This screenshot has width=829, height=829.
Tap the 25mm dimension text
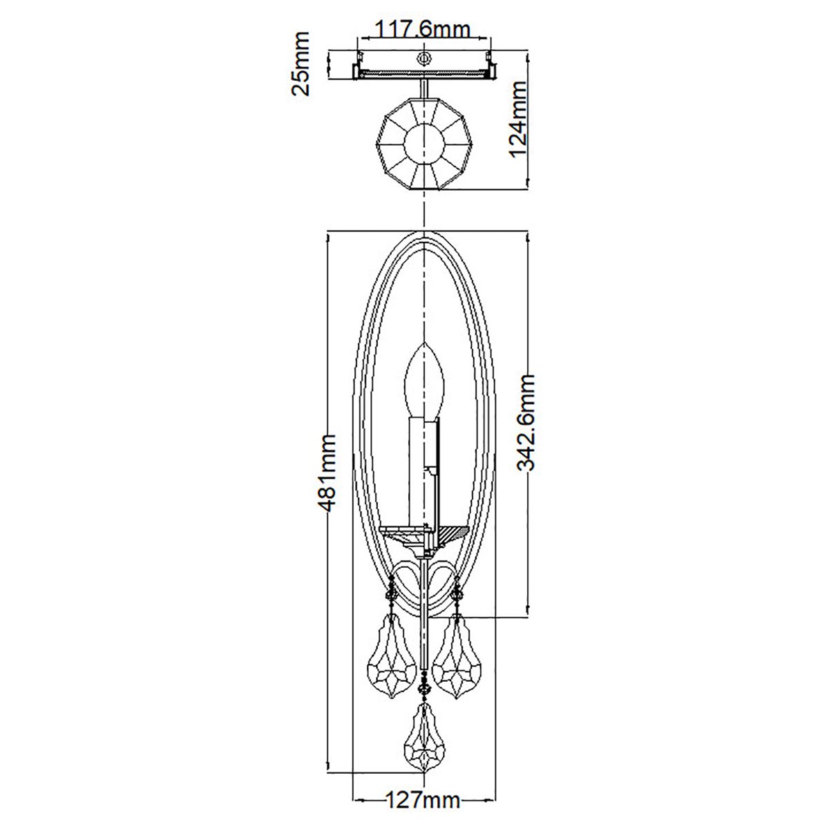tap(301, 64)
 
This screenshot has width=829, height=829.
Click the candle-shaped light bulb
tap(422, 379)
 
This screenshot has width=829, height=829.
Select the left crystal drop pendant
tap(390, 658)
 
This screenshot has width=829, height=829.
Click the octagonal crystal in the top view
tap(422, 144)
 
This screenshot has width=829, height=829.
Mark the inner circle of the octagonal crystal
tap(422, 144)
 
